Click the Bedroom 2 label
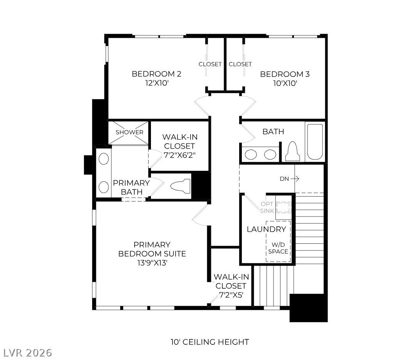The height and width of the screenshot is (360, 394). pyautogui.click(x=156, y=74)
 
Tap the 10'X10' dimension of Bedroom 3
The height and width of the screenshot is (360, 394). pyautogui.click(x=285, y=83)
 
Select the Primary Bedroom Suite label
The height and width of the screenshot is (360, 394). pyautogui.click(x=152, y=249)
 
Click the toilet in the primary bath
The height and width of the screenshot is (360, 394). pyautogui.click(x=180, y=186)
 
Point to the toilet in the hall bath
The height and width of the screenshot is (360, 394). pyautogui.click(x=293, y=151)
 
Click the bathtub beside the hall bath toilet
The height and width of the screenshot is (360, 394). pyautogui.click(x=315, y=142)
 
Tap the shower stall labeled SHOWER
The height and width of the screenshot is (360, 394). pyautogui.click(x=130, y=133)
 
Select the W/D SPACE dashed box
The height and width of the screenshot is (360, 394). pyautogui.click(x=278, y=241)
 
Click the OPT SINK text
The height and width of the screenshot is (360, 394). pyautogui.click(x=267, y=207)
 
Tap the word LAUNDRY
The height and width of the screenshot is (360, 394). pyautogui.click(x=266, y=229)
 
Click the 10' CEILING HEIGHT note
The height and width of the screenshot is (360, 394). pyautogui.click(x=210, y=342)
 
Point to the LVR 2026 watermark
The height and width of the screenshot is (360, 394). pyautogui.click(x=26, y=353)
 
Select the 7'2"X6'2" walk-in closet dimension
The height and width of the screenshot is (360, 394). pyautogui.click(x=180, y=155)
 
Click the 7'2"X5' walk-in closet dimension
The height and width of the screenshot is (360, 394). pyautogui.click(x=231, y=295)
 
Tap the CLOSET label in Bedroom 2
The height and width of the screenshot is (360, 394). pyautogui.click(x=210, y=64)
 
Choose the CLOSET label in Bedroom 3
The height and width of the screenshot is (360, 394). pyautogui.click(x=240, y=64)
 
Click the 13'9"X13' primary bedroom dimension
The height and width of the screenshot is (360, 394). pyautogui.click(x=152, y=263)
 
